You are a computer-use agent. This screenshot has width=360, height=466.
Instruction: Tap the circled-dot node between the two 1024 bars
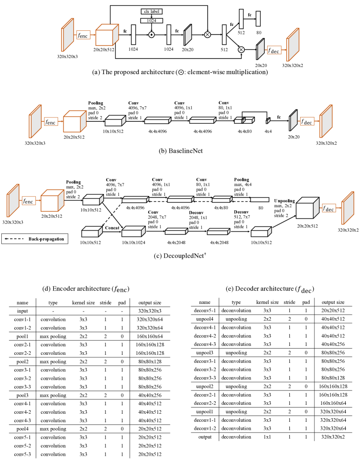coord(151,33)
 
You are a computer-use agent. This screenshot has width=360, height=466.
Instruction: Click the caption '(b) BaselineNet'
coord(181,151)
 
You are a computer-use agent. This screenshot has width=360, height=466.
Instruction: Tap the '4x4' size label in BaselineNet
coord(268,132)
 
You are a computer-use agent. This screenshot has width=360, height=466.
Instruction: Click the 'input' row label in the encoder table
coord(22,311)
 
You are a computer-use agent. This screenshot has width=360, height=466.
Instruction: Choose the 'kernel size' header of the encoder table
coord(83,302)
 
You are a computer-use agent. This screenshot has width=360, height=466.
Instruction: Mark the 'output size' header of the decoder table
coord(333,302)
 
